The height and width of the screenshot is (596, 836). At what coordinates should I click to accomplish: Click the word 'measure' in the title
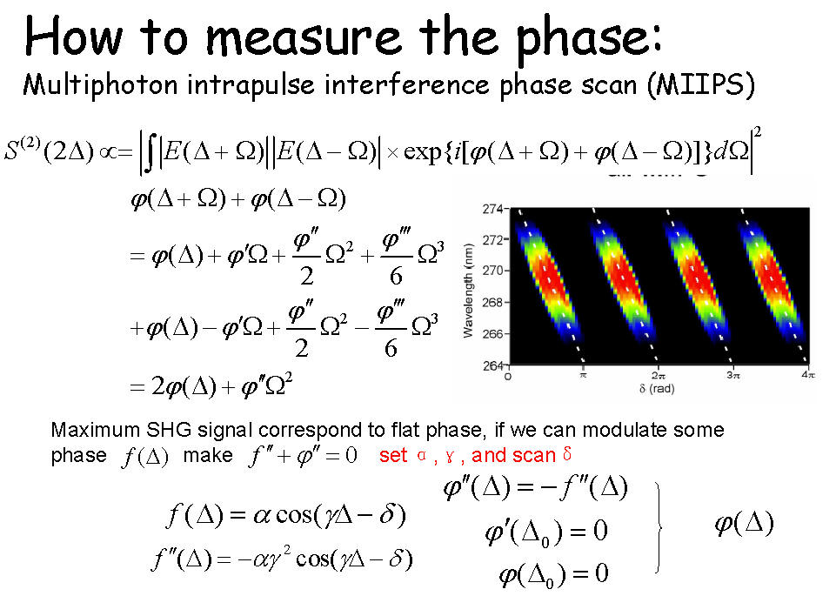303,37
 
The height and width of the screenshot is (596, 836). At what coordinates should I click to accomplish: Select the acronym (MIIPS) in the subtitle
701,85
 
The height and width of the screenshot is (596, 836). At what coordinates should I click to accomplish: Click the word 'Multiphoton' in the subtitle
100,86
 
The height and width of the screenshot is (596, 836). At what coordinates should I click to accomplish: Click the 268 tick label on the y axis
492,302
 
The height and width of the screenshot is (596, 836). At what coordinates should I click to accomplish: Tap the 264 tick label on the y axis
492,365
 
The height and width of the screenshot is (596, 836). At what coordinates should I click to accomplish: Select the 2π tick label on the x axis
658,376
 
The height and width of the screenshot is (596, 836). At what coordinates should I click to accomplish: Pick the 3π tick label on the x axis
733,376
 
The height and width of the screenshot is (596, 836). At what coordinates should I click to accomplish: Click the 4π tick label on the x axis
808,376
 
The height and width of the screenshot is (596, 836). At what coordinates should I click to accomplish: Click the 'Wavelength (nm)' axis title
468,291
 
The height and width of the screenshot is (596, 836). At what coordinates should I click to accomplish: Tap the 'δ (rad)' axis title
657,389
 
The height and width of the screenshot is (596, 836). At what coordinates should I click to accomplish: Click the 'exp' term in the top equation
422,153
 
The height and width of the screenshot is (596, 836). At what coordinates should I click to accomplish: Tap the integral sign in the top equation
150,153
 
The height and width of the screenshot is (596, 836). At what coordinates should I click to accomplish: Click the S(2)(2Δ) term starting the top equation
49,151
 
